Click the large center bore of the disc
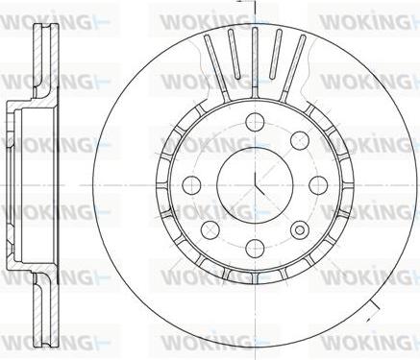(255, 185)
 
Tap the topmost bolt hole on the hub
(256, 122)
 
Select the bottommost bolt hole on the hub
(256, 248)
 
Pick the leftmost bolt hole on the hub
(191, 185)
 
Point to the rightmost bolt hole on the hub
(318, 185)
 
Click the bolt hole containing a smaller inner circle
(300, 229)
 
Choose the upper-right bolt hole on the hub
(300, 140)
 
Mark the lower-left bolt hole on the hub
(210, 229)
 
